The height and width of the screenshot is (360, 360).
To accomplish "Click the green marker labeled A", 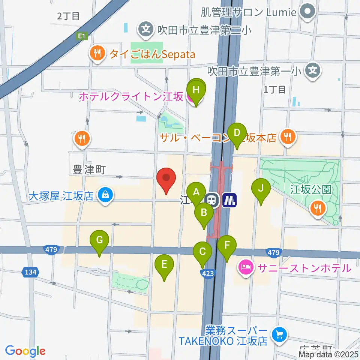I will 196,192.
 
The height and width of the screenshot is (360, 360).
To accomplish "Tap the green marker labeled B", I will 204,213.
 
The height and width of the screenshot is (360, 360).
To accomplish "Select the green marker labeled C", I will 202,251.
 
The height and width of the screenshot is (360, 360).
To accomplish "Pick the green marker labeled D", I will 237,133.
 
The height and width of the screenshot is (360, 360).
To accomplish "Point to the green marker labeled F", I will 227,246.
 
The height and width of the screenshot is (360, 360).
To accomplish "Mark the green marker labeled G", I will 99,240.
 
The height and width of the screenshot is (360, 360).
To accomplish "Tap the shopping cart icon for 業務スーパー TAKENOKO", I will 279,333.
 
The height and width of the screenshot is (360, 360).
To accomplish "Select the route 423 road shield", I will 208,274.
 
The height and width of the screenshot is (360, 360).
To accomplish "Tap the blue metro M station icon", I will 229,199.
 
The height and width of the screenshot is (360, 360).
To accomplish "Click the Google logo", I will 25,351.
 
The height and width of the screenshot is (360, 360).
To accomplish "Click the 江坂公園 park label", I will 311,189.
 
